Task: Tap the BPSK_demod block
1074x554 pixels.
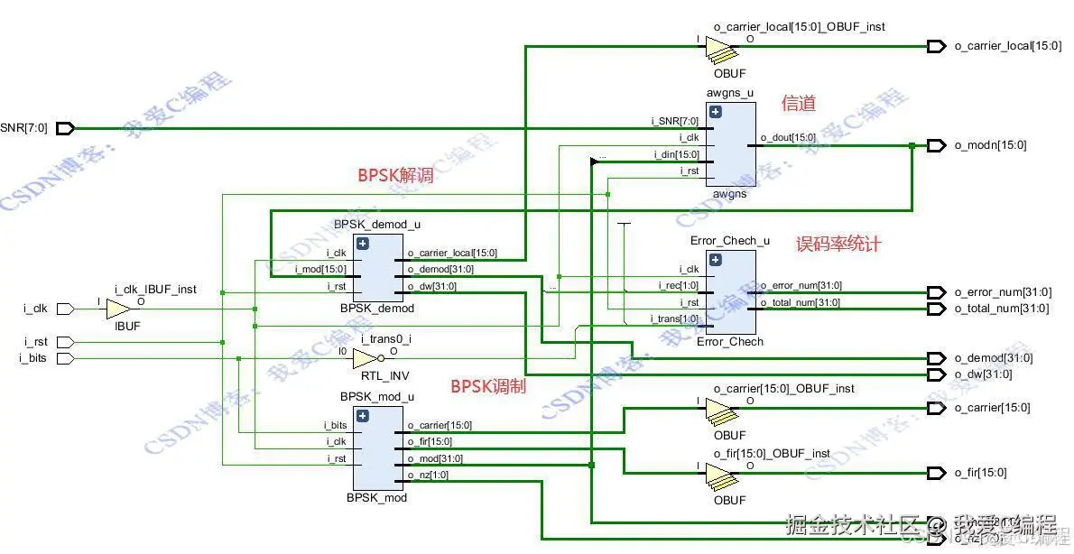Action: click(x=378, y=267)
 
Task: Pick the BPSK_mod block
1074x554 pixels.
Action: click(x=378, y=448)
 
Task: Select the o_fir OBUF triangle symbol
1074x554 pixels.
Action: click(x=720, y=473)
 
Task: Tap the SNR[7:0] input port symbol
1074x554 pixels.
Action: click(x=65, y=128)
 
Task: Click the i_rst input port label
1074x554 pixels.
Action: click(x=35, y=342)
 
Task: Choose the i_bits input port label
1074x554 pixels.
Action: click(x=35, y=358)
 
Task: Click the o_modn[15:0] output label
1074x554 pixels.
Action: click(x=990, y=145)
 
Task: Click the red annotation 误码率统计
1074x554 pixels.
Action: click(x=838, y=244)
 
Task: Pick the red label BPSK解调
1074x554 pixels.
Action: click(x=395, y=176)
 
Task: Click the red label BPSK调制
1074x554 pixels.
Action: click(x=488, y=387)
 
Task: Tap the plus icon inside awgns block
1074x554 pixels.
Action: click(x=716, y=113)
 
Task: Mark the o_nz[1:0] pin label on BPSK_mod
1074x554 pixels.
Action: click(x=428, y=475)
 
